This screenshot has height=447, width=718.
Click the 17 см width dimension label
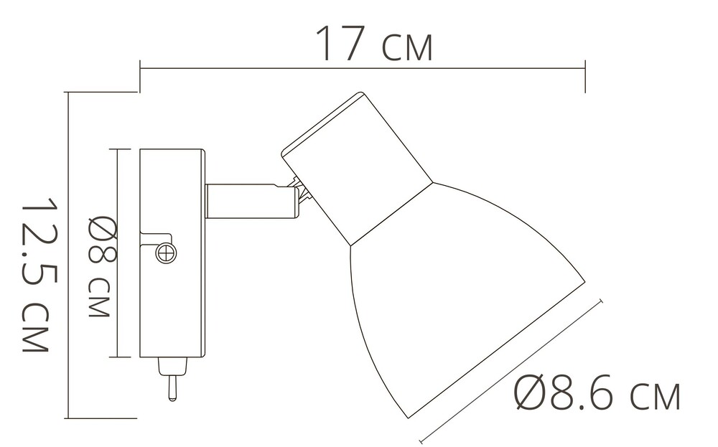click(x=374, y=44)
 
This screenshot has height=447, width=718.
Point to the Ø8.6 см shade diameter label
click(x=597, y=392)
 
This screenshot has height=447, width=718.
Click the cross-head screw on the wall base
click(x=166, y=253)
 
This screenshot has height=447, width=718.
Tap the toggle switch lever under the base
click(x=172, y=388)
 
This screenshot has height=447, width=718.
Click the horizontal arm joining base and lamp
click(x=249, y=201)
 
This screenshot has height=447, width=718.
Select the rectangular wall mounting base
click(x=172, y=253)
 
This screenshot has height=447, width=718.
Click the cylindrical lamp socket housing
click(x=357, y=168)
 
